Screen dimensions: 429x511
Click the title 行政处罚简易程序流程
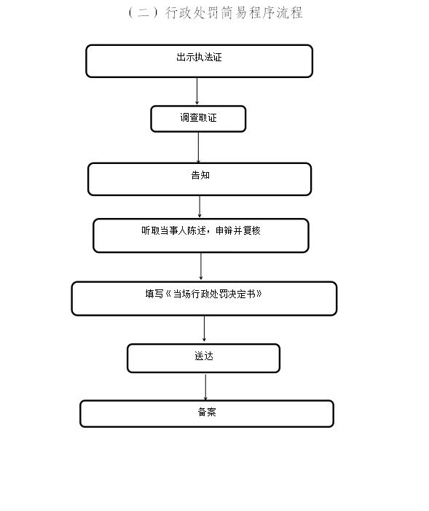tap(234, 12)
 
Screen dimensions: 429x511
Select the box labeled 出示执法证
tap(199, 61)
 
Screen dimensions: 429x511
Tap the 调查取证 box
tap(198, 119)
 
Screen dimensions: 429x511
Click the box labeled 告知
tap(200, 179)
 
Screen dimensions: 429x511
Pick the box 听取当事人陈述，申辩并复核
tap(200, 235)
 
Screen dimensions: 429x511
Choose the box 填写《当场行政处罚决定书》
tap(204, 299)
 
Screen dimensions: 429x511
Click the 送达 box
tap(203, 358)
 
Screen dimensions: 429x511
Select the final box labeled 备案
tap(207, 413)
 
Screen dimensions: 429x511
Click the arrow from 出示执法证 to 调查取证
tap(197, 91)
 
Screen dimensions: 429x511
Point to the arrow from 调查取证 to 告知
tap(198, 147)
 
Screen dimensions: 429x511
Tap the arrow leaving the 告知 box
tap(200, 207)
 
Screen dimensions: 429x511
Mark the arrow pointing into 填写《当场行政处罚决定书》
tap(201, 267)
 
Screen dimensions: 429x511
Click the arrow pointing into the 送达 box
tap(204, 329)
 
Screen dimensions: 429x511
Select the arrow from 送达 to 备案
tap(205, 387)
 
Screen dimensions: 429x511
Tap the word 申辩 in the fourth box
tap(224, 231)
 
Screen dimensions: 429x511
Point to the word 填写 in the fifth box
tap(154, 294)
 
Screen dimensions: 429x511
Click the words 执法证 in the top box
tap(208, 57)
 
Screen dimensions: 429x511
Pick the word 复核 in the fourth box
tap(252, 231)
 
